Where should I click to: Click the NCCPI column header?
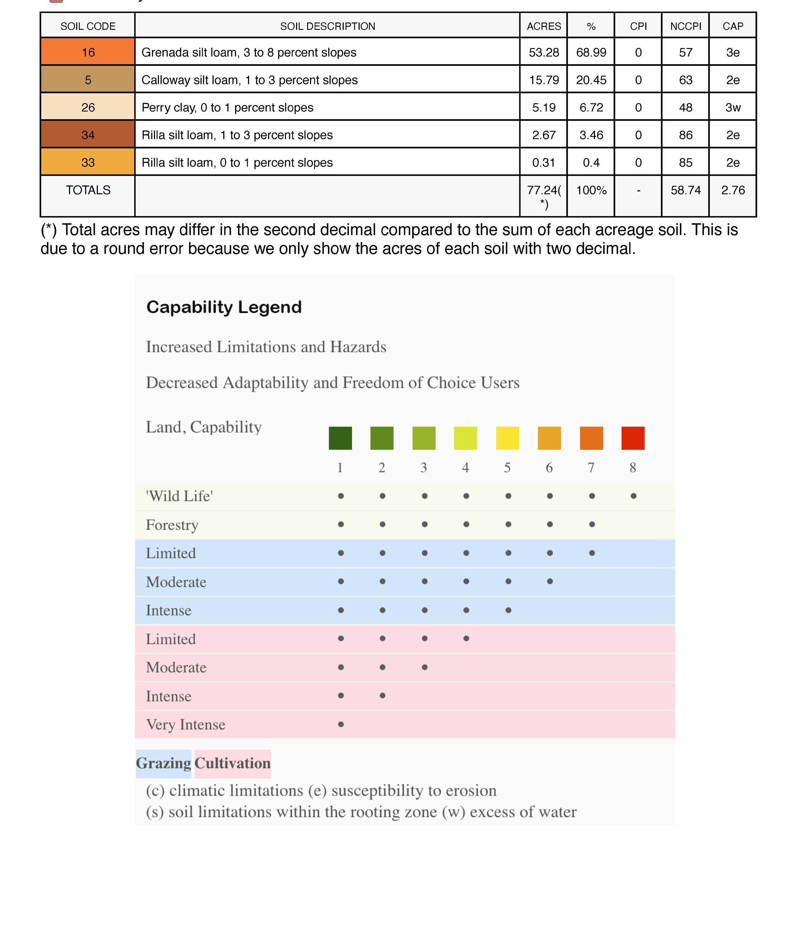click(685, 27)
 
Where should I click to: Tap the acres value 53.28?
click(543, 52)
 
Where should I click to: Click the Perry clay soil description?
click(227, 107)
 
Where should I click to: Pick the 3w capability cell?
click(733, 107)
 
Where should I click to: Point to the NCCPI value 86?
click(685, 135)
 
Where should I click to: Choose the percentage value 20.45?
click(591, 80)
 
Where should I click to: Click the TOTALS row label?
click(88, 190)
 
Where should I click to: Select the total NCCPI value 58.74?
click(685, 190)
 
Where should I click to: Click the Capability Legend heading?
click(224, 307)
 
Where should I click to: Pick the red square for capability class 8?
click(633, 438)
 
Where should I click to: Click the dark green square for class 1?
click(340, 438)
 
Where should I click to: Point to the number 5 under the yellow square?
click(507, 467)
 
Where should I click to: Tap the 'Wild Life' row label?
click(179, 496)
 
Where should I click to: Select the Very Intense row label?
click(185, 724)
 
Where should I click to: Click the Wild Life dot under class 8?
click(633, 496)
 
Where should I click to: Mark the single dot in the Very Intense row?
click(340, 724)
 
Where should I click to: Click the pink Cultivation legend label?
click(232, 763)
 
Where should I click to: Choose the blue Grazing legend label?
click(163, 763)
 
